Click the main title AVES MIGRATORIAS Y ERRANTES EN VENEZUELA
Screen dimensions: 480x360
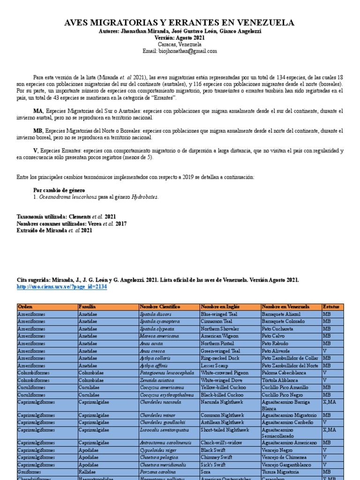coord(180,22)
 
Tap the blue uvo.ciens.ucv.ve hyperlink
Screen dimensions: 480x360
coord(62,286)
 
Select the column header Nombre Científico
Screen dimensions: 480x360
coord(160,307)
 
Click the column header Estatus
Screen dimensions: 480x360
coord(332,307)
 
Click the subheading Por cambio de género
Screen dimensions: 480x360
coord(59,190)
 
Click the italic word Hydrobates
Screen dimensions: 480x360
coord(145,197)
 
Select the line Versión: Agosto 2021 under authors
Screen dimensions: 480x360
coord(180,37)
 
